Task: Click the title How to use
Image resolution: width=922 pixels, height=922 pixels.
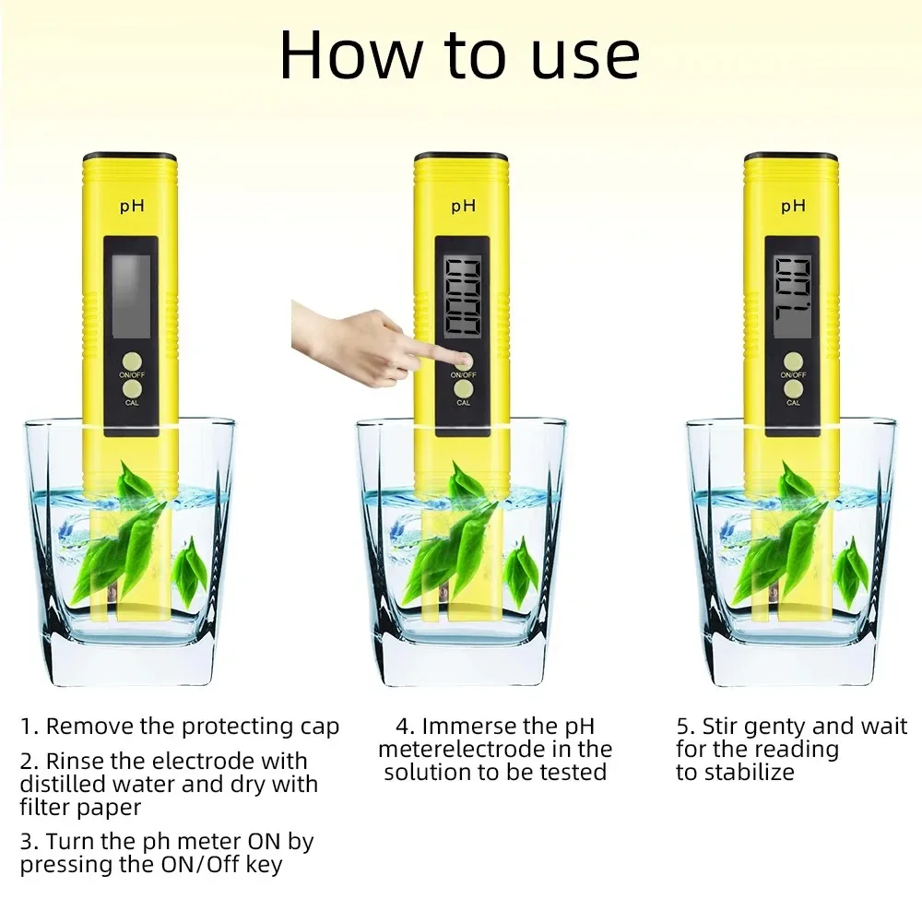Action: [x=459, y=55]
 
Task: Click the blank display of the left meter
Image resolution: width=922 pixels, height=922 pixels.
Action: [x=131, y=295]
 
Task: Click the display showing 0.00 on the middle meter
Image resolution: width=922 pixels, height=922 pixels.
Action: [x=463, y=295]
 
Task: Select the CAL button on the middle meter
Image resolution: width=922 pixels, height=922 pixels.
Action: [x=463, y=390]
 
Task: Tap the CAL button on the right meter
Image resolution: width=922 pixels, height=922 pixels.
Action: [x=793, y=390]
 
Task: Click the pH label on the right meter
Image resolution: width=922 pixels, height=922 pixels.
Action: [x=793, y=205]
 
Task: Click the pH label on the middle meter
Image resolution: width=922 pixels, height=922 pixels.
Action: [x=463, y=205]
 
